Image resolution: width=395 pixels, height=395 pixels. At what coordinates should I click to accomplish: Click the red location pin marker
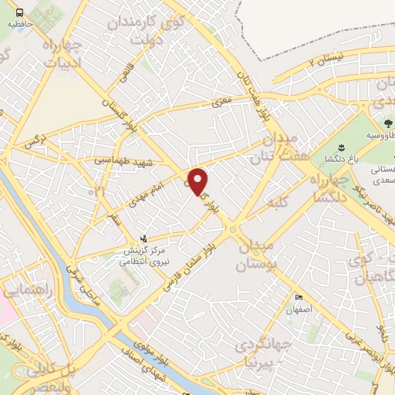tap(199, 181)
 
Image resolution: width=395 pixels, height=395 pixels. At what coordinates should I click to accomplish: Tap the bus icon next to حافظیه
tap(19, 12)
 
